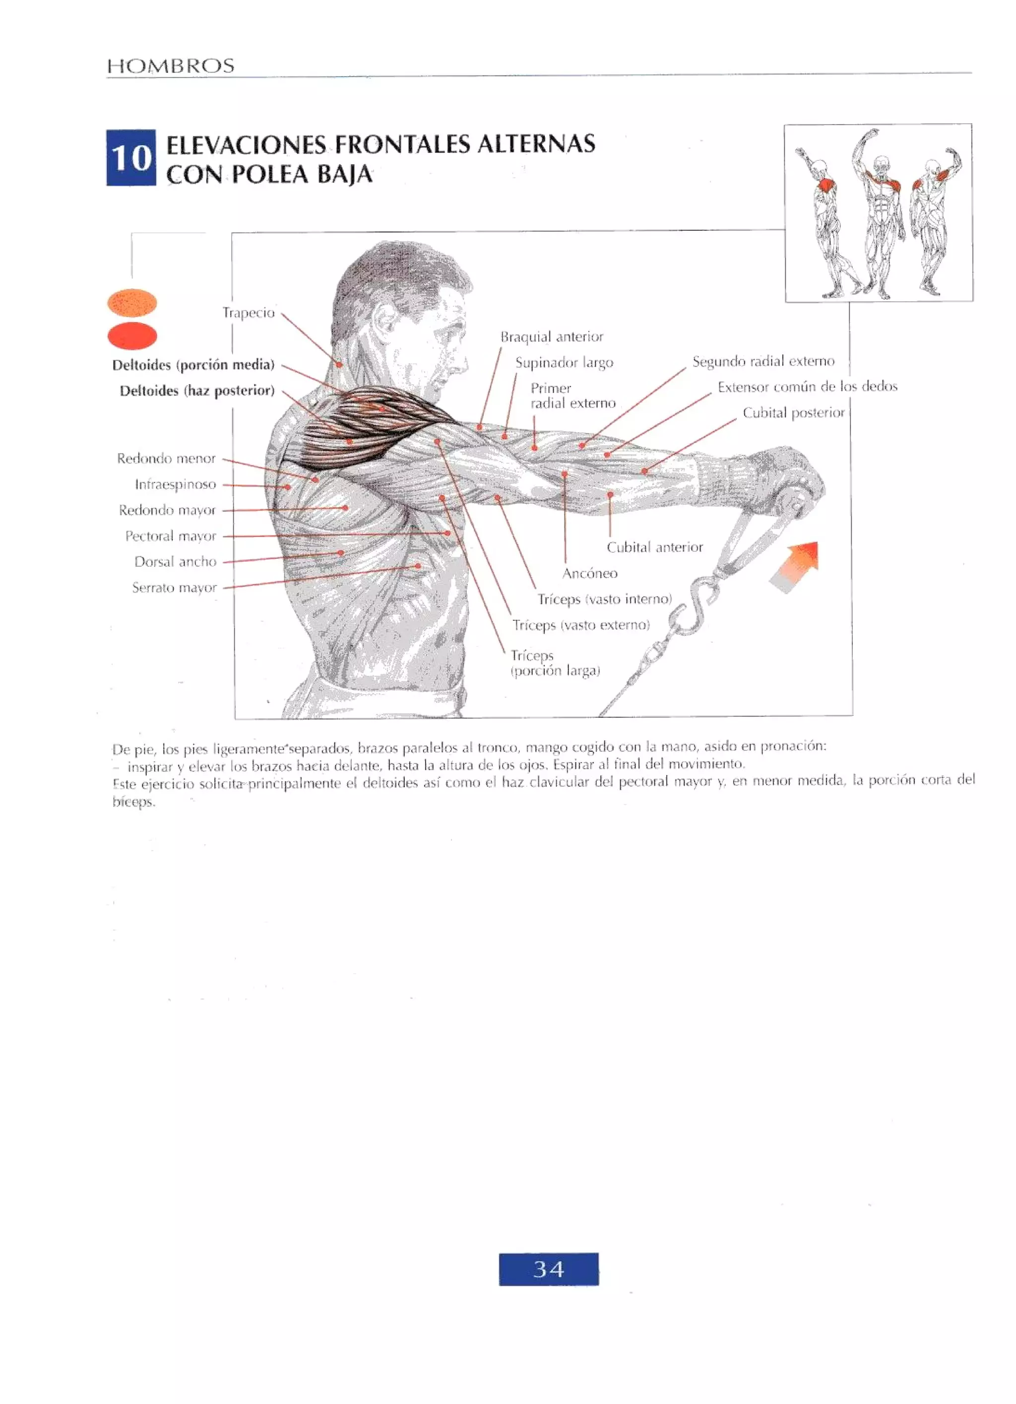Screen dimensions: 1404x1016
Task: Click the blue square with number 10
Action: click(x=130, y=158)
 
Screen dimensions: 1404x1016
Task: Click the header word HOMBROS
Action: click(x=171, y=66)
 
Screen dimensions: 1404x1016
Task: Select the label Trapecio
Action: click(x=248, y=313)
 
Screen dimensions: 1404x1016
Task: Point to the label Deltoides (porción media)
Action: click(x=193, y=365)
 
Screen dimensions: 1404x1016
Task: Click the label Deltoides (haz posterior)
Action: click(x=197, y=391)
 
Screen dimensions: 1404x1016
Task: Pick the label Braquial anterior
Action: click(x=551, y=337)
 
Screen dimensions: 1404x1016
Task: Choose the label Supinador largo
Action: click(x=564, y=363)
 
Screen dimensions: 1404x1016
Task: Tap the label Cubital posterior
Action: click(x=793, y=413)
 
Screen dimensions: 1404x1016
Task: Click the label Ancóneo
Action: click(x=590, y=574)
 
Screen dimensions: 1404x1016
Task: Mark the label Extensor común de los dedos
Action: click(x=807, y=387)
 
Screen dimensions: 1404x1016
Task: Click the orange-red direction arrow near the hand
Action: click(x=797, y=565)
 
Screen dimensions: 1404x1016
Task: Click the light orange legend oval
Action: click(x=132, y=303)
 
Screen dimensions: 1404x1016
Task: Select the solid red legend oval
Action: click(x=132, y=336)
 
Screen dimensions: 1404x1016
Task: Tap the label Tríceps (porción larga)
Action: click(x=555, y=663)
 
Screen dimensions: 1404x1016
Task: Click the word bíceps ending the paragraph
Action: click(x=133, y=802)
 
